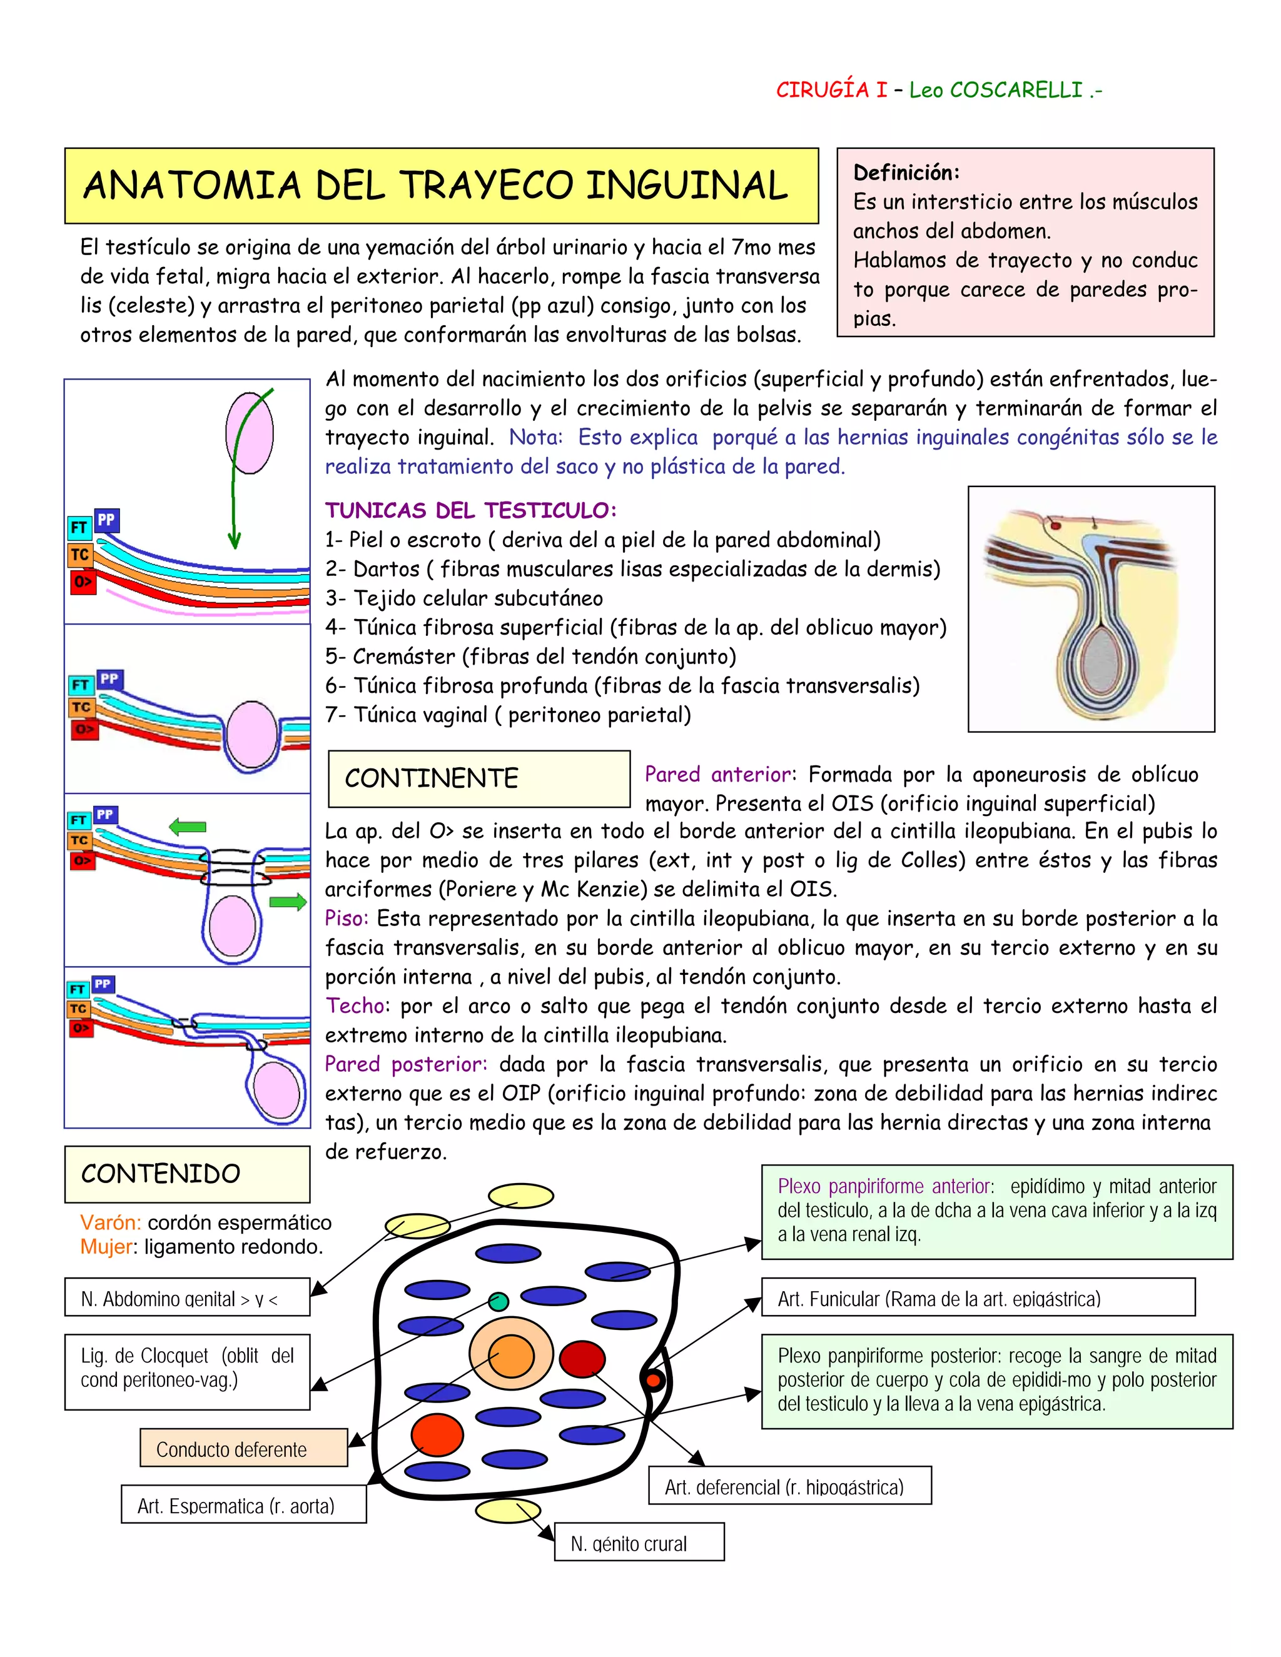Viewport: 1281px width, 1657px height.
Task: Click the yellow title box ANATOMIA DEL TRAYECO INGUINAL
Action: [441, 186]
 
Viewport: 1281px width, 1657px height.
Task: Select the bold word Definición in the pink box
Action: [906, 173]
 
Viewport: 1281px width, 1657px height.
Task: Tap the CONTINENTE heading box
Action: [479, 778]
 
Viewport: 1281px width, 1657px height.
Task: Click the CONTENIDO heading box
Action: [186, 1174]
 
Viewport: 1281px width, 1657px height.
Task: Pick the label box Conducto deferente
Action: [243, 1449]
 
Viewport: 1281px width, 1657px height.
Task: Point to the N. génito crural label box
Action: [639, 1543]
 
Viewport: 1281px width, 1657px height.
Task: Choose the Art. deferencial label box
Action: [789, 1486]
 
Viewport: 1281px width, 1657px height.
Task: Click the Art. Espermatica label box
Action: [243, 1505]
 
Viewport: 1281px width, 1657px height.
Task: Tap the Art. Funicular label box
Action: [978, 1298]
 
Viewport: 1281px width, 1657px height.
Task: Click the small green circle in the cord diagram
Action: [498, 1302]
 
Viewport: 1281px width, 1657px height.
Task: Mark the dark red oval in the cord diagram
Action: [582, 1359]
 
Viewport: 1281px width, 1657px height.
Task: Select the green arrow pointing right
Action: [288, 902]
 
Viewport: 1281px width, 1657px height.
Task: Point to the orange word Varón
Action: [111, 1222]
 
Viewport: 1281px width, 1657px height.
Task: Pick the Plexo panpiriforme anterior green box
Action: [996, 1212]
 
